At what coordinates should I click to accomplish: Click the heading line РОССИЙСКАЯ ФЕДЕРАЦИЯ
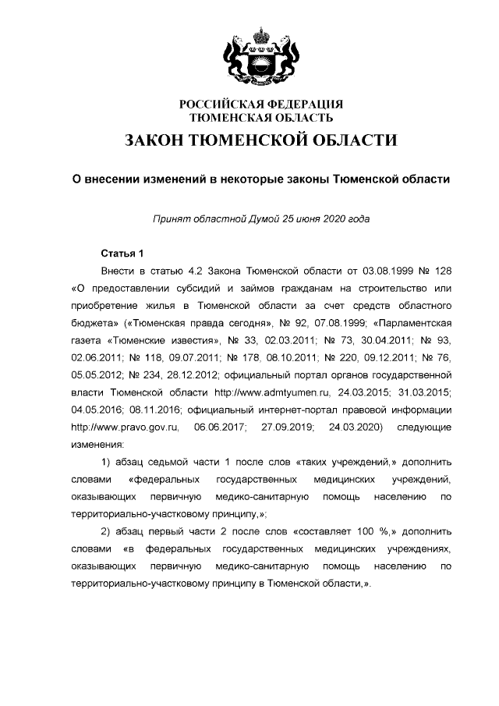coord(261,105)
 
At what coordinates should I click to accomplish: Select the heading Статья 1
coord(122,254)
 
